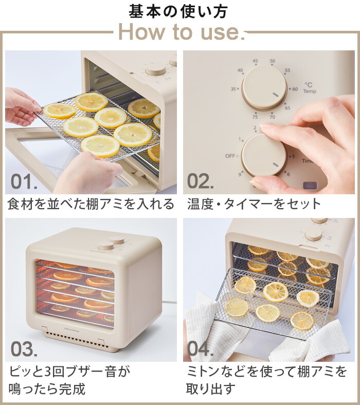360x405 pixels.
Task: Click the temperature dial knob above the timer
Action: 264,87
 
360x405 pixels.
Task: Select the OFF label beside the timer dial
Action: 230,156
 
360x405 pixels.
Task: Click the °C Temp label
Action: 309,88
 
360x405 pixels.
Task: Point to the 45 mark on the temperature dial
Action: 255,61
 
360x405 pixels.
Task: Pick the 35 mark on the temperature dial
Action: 234,89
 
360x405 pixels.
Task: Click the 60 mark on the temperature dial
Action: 295,89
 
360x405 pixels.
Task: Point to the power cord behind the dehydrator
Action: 167,302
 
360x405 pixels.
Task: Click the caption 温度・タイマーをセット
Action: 254,204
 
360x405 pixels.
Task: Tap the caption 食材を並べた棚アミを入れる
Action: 91,204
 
